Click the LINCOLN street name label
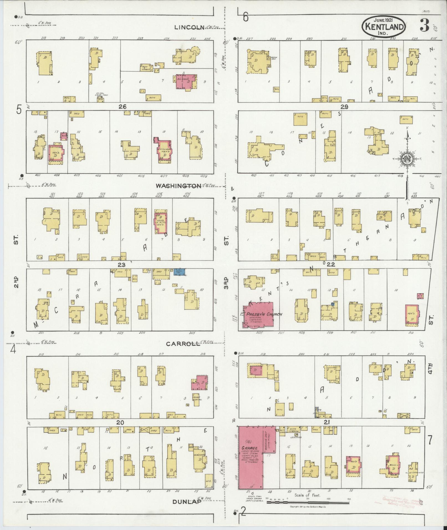189,27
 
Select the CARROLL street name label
183,344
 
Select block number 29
344,107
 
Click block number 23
121,265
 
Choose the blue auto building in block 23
179,272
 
